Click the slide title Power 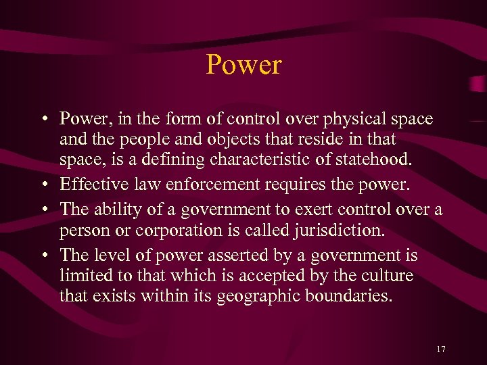pos(243,66)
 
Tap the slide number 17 pos(441,349)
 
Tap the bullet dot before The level pos(43,255)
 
